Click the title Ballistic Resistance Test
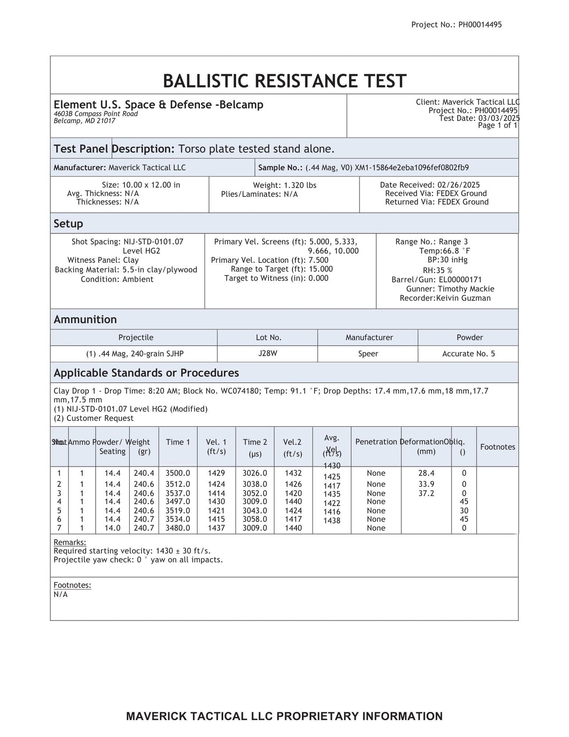284,81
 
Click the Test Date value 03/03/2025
499,118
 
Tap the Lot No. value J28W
268,353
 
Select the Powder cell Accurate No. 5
468,354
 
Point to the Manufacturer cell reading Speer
368,354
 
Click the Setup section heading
68,224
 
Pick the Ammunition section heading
85,319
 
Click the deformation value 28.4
426,473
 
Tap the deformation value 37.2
426,493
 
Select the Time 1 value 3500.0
178,473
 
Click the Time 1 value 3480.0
178,528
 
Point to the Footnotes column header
497,447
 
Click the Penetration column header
376,442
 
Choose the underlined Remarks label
70,543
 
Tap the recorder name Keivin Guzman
463,298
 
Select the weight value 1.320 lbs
300,185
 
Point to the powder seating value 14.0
112,528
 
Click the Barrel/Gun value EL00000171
460,280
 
